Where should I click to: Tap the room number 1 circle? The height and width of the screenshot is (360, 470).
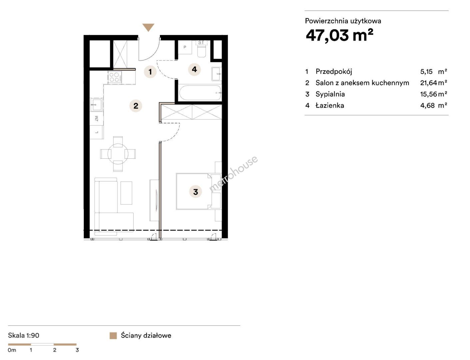click(150, 72)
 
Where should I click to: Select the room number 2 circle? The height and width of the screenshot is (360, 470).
click(136, 106)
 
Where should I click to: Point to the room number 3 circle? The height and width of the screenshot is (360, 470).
click(196, 192)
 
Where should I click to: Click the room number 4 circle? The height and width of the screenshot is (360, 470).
click(194, 69)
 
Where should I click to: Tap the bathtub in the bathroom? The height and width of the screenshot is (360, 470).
click(200, 93)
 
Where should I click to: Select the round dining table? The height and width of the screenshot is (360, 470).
click(118, 154)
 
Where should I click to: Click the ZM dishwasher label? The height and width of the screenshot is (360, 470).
click(97, 118)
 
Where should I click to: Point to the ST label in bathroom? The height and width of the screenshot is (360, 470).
click(201, 42)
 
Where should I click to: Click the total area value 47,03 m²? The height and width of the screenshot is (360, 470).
click(339, 35)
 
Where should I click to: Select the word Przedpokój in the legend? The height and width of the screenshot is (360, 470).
click(334, 72)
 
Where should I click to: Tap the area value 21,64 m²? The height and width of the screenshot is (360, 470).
click(433, 83)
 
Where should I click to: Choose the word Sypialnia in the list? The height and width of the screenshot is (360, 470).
click(330, 94)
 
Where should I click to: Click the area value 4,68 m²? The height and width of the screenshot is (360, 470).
click(433, 105)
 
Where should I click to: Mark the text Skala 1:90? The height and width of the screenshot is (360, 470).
click(24, 335)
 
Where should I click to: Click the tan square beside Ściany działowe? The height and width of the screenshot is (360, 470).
click(113, 336)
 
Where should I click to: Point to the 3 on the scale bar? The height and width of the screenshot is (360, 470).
click(77, 350)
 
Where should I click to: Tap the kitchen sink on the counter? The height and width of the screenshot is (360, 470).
click(97, 105)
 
